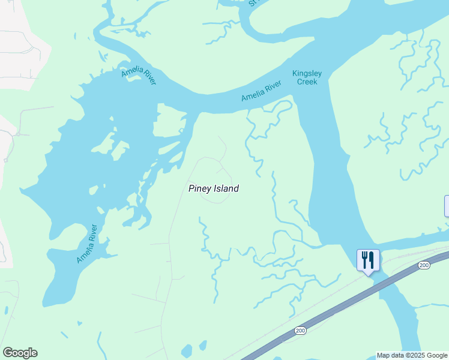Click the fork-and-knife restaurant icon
368,260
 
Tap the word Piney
199,188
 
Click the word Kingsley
307,74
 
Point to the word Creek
307,82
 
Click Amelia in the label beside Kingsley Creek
252,95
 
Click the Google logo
20,353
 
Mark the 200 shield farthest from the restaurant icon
301,331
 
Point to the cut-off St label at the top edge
253,3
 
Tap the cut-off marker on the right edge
447,206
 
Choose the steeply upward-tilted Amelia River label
86,244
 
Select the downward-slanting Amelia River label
139,76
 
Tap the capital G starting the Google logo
7,353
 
